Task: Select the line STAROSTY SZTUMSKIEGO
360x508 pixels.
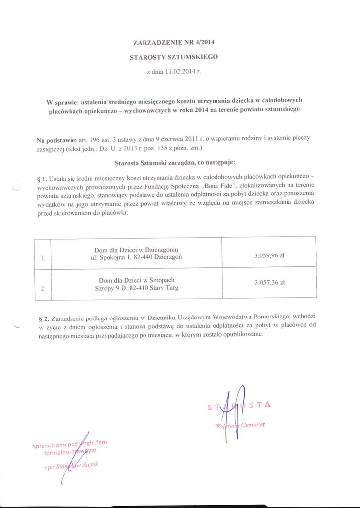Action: pos(173,57)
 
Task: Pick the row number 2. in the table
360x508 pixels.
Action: pos(43,288)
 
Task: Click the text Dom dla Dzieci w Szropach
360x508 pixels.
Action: pos(137,280)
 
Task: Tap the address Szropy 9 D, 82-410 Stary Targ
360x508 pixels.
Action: pos(137,288)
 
